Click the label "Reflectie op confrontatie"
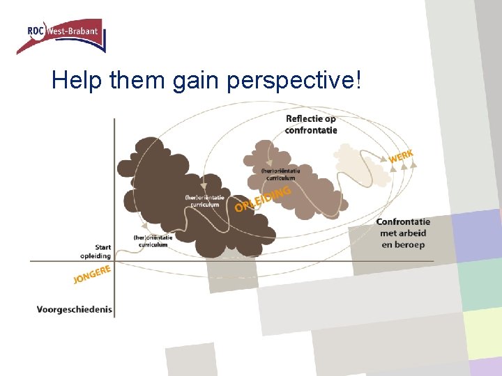311,124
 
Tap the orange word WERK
401,157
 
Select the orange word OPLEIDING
262,198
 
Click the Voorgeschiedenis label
75,309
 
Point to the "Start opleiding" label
98,251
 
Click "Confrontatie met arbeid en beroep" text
403,233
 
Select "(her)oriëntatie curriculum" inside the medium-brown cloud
281,174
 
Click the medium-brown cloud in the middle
300,195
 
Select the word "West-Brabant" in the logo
73,30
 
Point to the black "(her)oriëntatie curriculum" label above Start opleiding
153,241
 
